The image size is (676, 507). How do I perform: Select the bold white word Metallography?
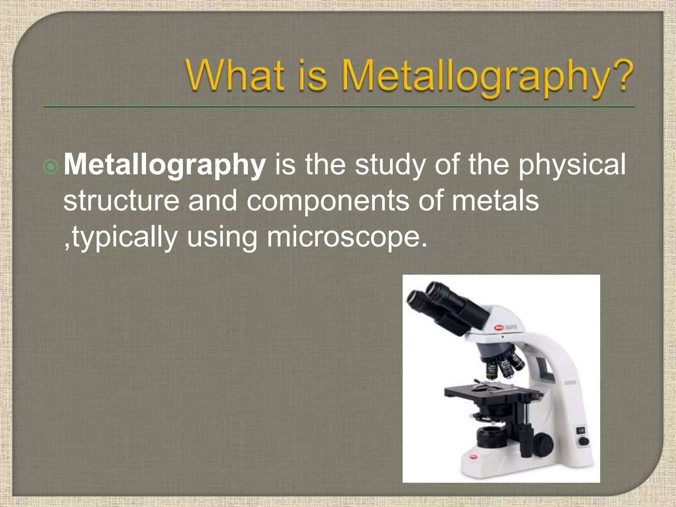click(x=164, y=165)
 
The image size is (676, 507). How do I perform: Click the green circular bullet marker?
click(x=51, y=167)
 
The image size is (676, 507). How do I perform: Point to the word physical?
click(x=571, y=165)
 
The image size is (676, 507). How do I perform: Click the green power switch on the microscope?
click(x=581, y=430)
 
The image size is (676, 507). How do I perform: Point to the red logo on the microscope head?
click(x=499, y=328)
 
